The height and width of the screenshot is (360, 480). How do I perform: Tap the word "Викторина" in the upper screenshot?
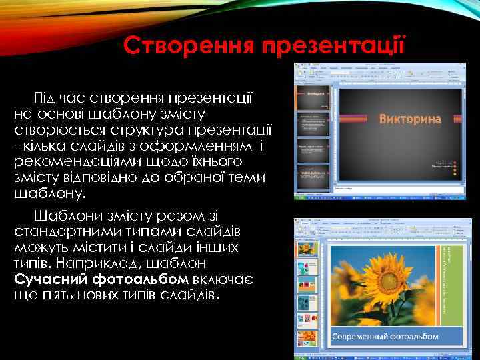tap(410, 119)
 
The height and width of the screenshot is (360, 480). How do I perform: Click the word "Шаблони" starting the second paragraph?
tap(64, 216)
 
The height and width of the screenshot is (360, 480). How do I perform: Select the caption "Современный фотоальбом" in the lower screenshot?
tap(386, 336)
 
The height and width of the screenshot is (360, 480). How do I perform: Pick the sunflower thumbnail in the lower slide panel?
tap(307, 249)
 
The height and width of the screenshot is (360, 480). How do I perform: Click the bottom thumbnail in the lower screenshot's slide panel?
tap(307, 339)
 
